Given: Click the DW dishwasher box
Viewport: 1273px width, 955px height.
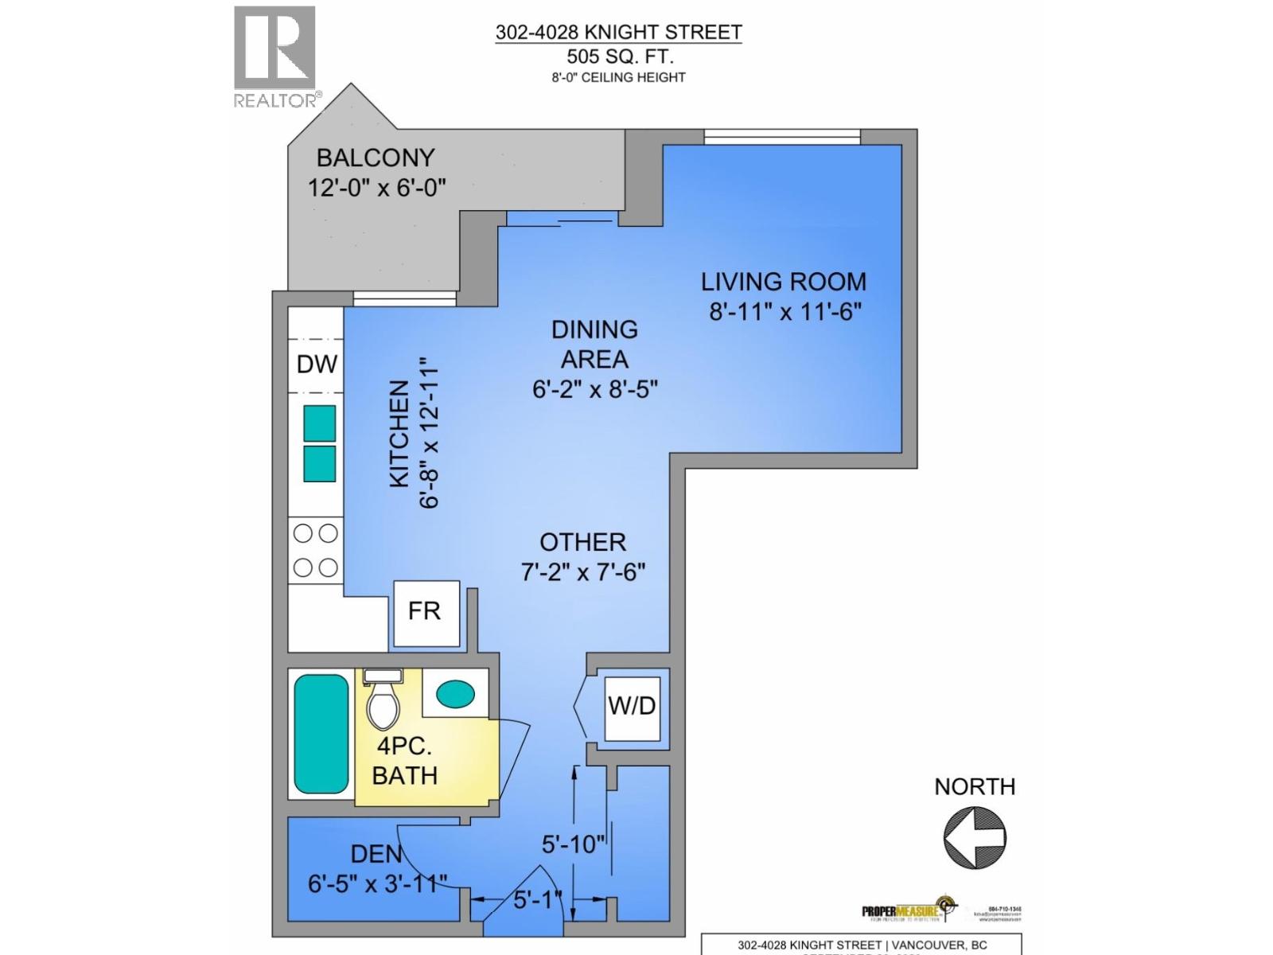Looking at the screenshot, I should tap(317, 364).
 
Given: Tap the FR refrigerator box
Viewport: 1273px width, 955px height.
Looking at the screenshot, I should tap(426, 612).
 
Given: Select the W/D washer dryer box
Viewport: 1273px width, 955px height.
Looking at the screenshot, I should tap(632, 706).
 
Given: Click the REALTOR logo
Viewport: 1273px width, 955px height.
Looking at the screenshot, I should tap(274, 56).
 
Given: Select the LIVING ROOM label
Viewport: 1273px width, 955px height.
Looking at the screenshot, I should tap(783, 282).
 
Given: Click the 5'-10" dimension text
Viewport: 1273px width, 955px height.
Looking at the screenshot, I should tap(574, 844).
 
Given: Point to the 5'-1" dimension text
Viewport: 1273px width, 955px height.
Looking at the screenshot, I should tap(538, 900).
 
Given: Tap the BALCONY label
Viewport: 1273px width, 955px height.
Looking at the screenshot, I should tap(376, 158).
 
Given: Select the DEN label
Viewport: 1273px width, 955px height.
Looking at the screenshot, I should tap(376, 854).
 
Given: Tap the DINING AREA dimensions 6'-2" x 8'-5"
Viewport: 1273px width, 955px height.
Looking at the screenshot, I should tap(594, 389).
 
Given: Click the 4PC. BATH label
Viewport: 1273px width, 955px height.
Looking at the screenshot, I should tap(405, 761).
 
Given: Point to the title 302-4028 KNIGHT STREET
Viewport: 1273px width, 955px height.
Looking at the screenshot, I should tap(618, 33).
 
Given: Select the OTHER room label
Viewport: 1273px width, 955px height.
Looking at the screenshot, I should tap(583, 542).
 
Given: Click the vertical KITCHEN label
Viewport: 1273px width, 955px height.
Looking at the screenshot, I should tap(399, 434).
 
